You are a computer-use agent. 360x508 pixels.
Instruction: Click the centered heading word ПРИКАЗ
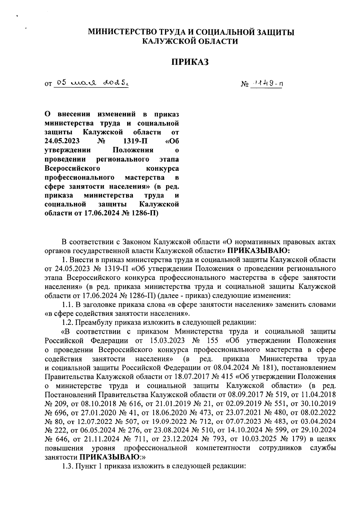[x=190, y=62]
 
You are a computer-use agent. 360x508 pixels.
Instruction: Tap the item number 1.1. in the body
[x=67, y=305]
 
